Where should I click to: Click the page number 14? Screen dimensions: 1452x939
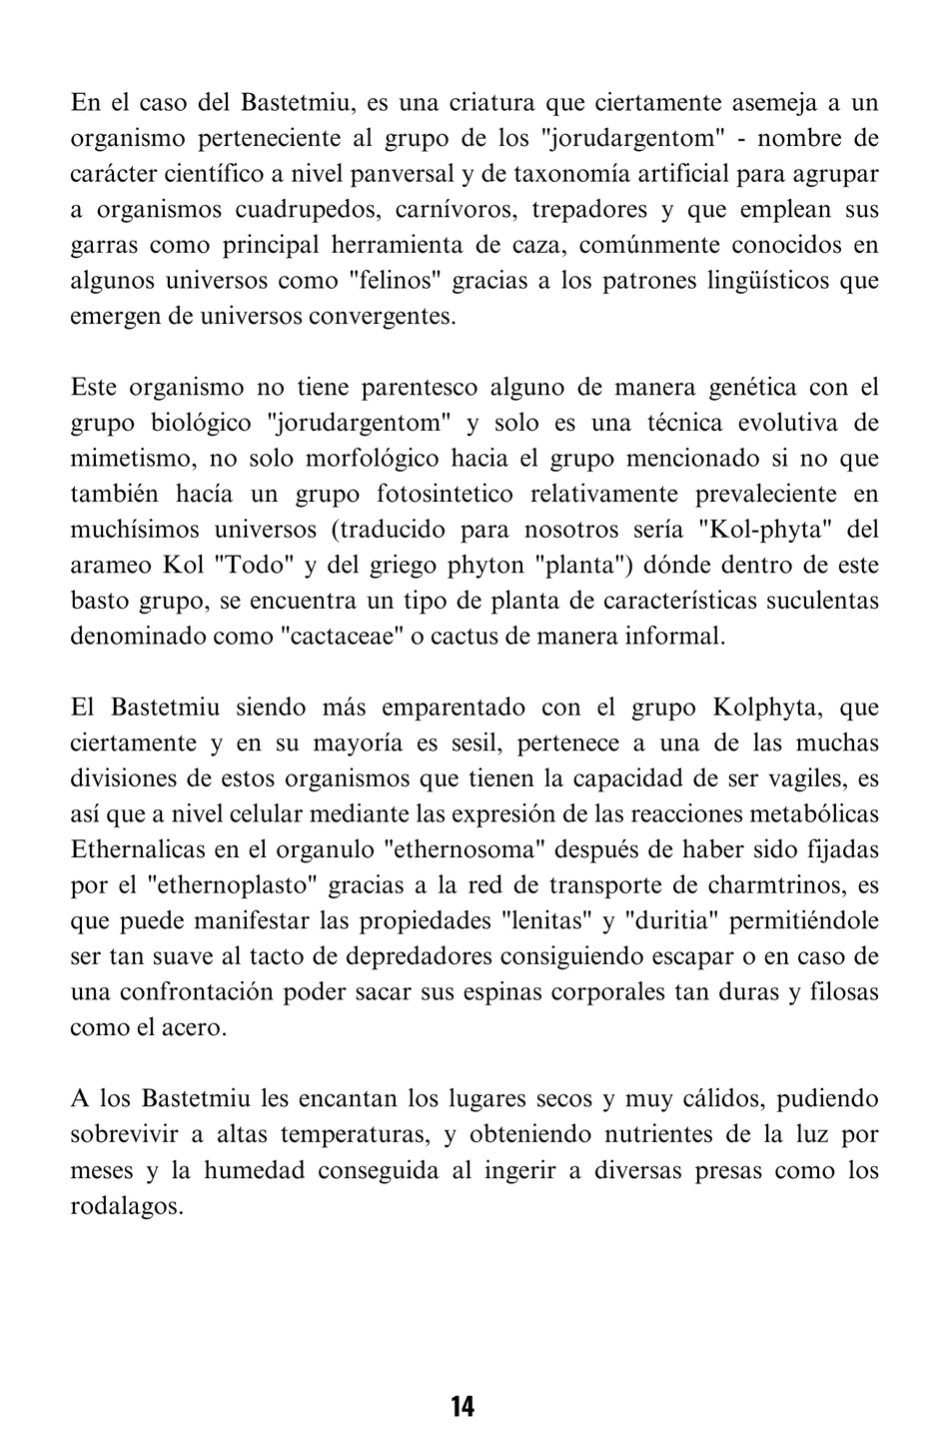pyautogui.click(x=463, y=1407)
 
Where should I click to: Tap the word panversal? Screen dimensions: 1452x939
pyautogui.click(x=405, y=174)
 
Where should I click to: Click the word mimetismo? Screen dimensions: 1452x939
pyautogui.click(x=117, y=459)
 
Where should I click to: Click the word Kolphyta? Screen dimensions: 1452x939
pyautogui.click(x=766, y=708)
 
